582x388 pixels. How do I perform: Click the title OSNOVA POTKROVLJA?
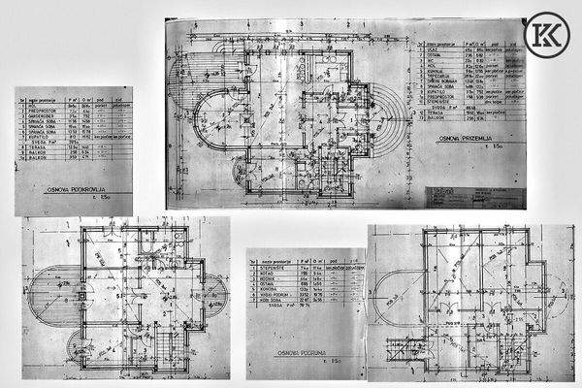tap(74, 191)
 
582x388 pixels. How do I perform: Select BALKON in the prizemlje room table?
tap(436, 122)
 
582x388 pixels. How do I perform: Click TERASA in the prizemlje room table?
tap(436, 113)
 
